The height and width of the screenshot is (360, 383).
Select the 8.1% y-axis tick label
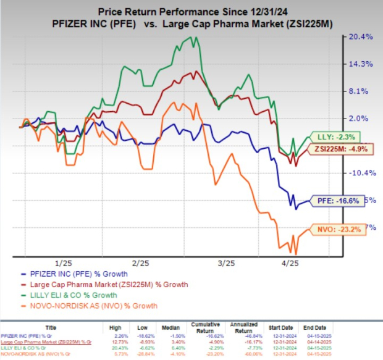click(361, 91)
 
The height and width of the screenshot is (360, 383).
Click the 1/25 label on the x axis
click(62, 262)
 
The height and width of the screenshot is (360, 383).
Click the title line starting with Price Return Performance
click(191, 10)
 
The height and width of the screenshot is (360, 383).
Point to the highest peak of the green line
click(196, 37)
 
